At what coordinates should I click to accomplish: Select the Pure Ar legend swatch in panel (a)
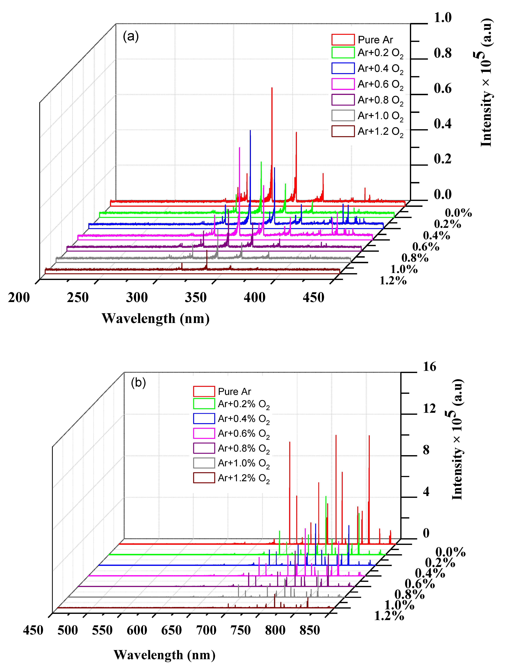[x=343, y=40]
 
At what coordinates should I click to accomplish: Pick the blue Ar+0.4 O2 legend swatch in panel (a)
[x=343, y=68]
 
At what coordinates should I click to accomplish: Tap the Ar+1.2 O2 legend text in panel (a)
[x=380, y=132]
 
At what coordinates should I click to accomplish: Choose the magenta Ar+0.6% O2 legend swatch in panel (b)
[x=204, y=433]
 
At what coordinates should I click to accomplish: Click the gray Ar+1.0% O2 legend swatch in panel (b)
[x=204, y=463]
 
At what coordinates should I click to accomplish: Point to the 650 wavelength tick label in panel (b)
[x=171, y=630]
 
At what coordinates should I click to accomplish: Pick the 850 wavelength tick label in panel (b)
[x=310, y=630]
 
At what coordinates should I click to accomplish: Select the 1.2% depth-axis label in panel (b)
[x=389, y=616]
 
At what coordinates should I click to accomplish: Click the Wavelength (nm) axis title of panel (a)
[x=156, y=318]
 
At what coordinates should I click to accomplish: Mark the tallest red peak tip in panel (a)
[x=272, y=88]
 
